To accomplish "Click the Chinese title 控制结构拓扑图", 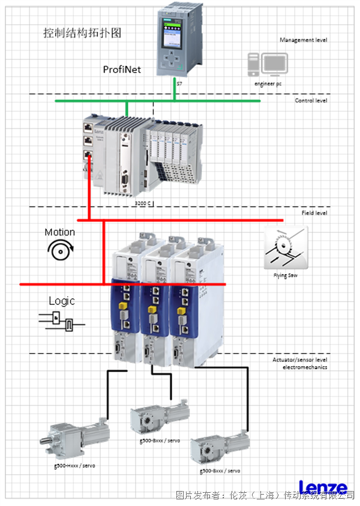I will pyautogui.click(x=83, y=33).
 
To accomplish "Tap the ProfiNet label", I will pyautogui.click(x=122, y=70).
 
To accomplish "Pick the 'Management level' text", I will pyautogui.click(x=303, y=40).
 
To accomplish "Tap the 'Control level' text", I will pyautogui.click(x=311, y=101).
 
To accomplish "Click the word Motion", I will pyautogui.click(x=60, y=232).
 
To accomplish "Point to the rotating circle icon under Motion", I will pyautogui.click(x=61, y=251).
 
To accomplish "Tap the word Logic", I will pyautogui.click(x=62, y=301).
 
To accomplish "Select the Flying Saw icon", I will pyautogui.click(x=286, y=247).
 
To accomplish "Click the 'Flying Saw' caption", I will pyautogui.click(x=285, y=276).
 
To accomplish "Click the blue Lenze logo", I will pyautogui.click(x=322, y=487).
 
